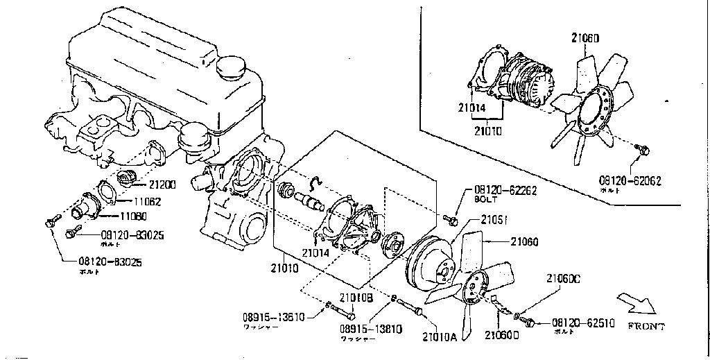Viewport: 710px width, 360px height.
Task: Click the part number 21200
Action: [x=162, y=186]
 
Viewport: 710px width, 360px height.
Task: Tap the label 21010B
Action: [x=356, y=298]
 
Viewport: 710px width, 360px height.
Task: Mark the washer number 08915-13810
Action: [x=371, y=329]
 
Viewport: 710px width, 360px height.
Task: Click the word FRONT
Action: [x=646, y=326]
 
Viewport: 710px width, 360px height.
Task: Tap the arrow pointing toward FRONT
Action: [x=636, y=304]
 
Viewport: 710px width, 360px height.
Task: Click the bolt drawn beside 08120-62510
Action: [x=530, y=322]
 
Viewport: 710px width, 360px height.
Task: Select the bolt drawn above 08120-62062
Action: [x=643, y=149]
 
